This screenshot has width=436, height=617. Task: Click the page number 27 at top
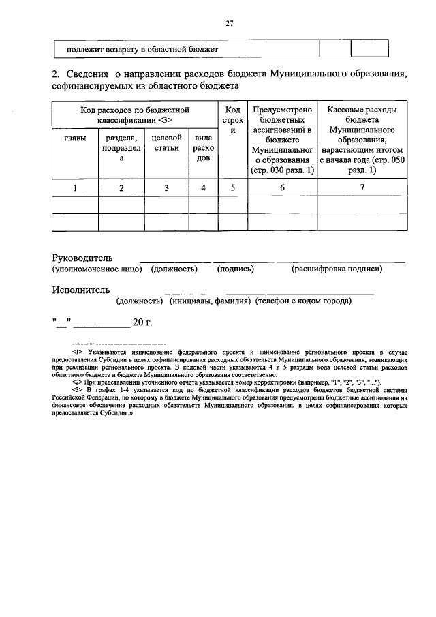click(x=230, y=23)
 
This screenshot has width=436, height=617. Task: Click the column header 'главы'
click(x=75, y=138)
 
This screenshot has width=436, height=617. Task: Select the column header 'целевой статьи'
click(x=166, y=142)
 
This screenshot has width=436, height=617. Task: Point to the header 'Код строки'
click(x=232, y=119)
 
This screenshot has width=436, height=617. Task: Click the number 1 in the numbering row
click(x=75, y=187)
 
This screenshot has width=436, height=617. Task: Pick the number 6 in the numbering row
click(x=282, y=187)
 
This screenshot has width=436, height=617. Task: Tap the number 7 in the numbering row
click(x=362, y=187)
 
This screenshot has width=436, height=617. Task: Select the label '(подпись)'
click(x=236, y=269)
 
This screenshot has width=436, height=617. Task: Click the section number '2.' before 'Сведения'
click(x=57, y=74)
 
